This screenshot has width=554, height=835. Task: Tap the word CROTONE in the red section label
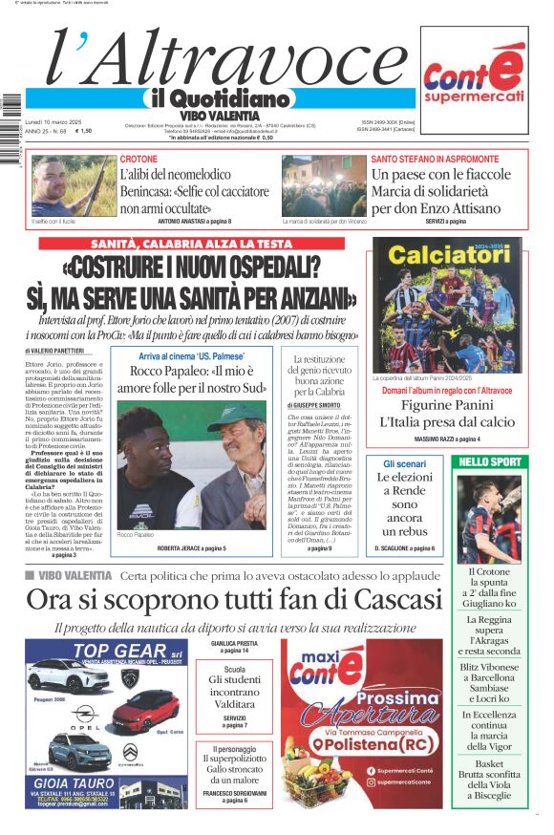139,159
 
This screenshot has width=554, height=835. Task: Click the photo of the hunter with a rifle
60,185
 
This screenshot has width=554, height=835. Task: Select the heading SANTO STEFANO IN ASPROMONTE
435,159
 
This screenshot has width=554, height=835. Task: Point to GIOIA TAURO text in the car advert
75,781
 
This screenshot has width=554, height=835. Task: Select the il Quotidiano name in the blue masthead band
218,99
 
